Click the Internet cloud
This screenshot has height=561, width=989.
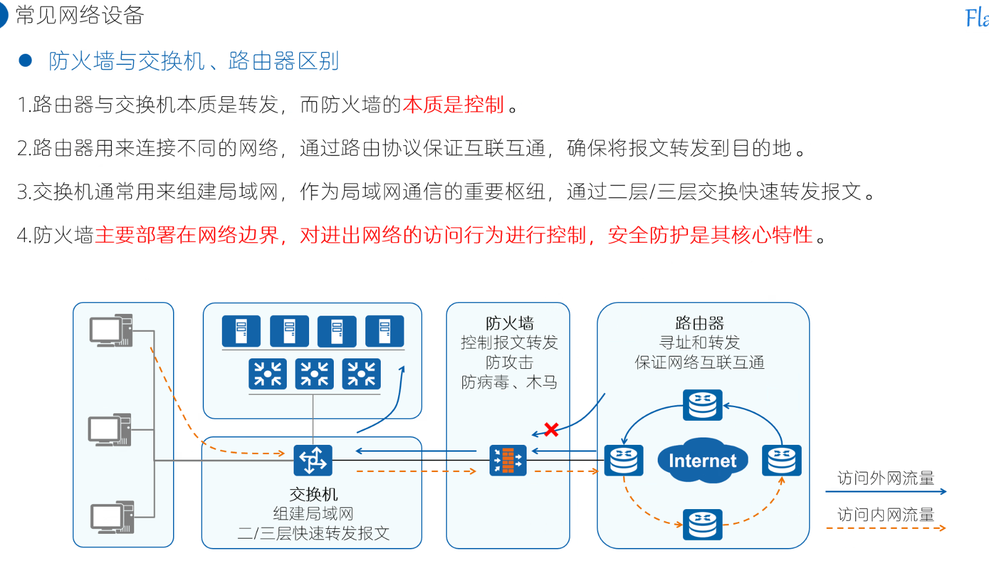pos(702,460)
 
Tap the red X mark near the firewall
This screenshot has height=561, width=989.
pos(551,429)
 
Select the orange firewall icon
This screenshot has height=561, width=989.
pos(508,460)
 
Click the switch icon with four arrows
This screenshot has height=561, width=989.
pos(313,460)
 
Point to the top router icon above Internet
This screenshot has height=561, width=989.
pos(703,405)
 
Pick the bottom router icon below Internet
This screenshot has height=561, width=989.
pos(703,525)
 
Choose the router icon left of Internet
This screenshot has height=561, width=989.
pos(624,460)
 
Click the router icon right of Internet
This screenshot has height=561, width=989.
pos(782,460)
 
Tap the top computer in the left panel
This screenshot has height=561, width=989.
pos(111,331)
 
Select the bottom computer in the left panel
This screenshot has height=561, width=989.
pos(112,517)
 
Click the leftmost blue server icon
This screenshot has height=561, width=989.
pos(241,331)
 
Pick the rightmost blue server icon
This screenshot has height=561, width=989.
pos(384,331)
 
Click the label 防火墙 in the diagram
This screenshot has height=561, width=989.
pos(509,323)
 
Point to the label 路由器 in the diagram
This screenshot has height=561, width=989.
pos(700,323)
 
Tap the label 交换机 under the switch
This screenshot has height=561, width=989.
pos(313,494)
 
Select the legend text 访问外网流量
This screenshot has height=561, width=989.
pos(886,478)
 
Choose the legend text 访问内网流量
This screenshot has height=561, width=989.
pos(886,515)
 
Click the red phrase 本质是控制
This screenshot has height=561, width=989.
pos(454,105)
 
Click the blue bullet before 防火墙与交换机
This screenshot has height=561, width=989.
pos(25,61)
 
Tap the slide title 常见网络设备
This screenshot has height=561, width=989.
pos(80,15)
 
